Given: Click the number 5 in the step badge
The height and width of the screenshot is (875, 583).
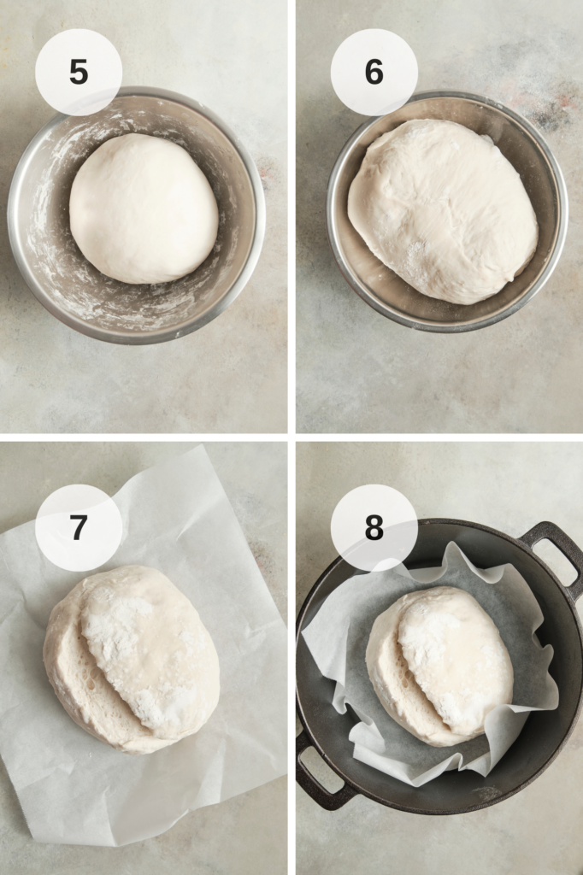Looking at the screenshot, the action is tap(79, 72).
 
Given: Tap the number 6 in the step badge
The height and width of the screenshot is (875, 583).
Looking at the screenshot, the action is tap(374, 72).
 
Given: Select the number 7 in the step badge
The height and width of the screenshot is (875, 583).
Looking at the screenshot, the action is tap(79, 527).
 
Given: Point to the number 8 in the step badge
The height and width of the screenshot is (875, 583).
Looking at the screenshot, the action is tap(374, 527).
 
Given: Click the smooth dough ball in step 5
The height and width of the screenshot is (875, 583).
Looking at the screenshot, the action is tap(144, 208).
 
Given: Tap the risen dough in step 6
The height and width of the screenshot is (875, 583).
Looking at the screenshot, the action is tap(443, 211).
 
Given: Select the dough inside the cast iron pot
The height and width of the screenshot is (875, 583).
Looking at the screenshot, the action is tap(439, 666).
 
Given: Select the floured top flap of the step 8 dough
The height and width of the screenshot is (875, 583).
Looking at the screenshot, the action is tap(456, 659).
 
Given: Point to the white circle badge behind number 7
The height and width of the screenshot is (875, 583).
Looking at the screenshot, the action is tap(79, 527).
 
